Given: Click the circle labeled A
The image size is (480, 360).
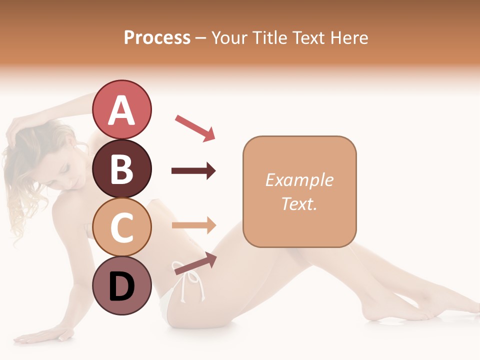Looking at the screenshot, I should pos(121,110).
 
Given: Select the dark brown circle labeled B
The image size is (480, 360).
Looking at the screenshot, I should pos(121,169).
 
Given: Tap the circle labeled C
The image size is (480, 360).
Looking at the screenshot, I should pos(121,227).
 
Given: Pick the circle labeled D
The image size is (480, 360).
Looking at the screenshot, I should pos(121,286).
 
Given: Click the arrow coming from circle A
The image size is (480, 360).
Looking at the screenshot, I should pos(195,127).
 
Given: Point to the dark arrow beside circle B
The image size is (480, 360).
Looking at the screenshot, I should pos(193,171).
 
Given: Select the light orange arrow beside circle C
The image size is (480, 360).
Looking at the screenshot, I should pos(194,225).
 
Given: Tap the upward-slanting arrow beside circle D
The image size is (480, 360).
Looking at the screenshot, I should pos(195,263).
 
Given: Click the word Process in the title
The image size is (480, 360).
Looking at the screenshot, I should pos(157,37).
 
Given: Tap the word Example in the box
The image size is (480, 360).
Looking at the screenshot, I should pos(299,180).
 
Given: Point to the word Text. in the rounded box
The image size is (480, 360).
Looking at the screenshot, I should pos(299,203).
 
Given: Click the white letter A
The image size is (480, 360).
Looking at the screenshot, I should pos(121,110).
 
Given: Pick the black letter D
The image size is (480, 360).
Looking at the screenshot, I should pos(121,287).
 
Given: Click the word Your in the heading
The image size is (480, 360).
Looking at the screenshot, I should pos(228,37).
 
